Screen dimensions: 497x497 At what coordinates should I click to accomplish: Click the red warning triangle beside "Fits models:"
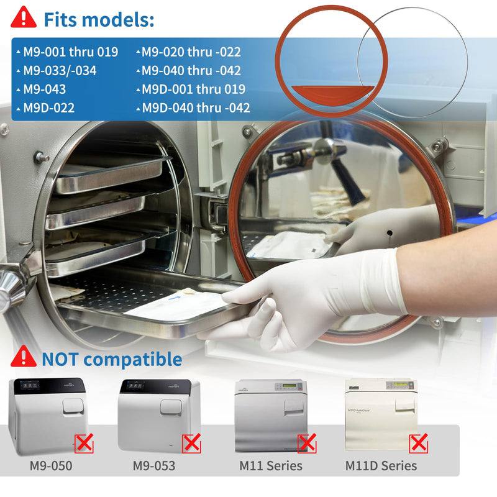pos(24,18)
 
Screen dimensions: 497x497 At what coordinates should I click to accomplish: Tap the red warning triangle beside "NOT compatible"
pos(24,357)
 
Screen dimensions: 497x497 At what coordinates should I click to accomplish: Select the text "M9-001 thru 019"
pos(71,52)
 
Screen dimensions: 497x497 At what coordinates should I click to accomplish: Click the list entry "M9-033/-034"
pos(60,70)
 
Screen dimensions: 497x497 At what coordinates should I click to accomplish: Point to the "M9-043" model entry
pos(45,89)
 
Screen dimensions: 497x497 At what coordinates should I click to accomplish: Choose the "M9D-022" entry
pos(49,107)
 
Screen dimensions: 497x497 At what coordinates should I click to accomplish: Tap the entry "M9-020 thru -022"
pos(191,52)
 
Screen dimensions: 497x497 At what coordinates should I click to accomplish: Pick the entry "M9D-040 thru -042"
pos(196,107)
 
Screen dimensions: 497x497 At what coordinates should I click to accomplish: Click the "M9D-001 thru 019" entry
pos(193,89)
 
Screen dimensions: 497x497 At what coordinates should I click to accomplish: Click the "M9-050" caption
pos(51,465)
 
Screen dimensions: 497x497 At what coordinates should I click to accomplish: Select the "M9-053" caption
pos(154,465)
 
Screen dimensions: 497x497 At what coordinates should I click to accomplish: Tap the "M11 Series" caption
pos(271,465)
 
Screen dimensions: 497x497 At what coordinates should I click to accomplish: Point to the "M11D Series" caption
pos(381,465)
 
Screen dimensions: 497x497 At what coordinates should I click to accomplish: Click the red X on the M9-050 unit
pos(84,443)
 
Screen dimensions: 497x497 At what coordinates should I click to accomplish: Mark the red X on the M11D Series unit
pos(419,443)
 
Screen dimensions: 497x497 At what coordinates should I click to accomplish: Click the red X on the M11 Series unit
pos(307,443)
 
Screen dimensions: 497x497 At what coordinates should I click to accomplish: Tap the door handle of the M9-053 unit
pos(171,408)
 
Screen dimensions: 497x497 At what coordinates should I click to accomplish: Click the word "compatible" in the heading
pos(132,360)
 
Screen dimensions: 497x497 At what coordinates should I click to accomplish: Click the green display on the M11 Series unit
pos(289,385)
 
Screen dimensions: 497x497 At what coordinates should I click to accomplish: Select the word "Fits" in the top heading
pos(60,19)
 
